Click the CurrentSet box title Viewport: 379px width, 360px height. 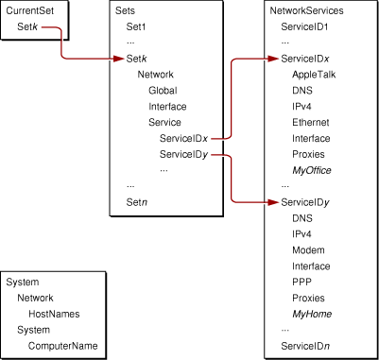tap(29, 12)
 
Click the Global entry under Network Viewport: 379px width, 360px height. tap(162, 90)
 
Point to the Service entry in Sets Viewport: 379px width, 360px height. tap(164, 122)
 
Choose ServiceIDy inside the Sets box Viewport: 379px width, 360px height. tap(183, 153)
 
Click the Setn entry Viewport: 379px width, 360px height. tap(138, 201)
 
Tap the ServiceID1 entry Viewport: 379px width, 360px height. tap(305, 27)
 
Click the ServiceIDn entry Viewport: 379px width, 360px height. tap(305, 347)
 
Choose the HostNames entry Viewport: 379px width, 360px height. tap(53, 313)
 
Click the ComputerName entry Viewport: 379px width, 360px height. tap(62, 347)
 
